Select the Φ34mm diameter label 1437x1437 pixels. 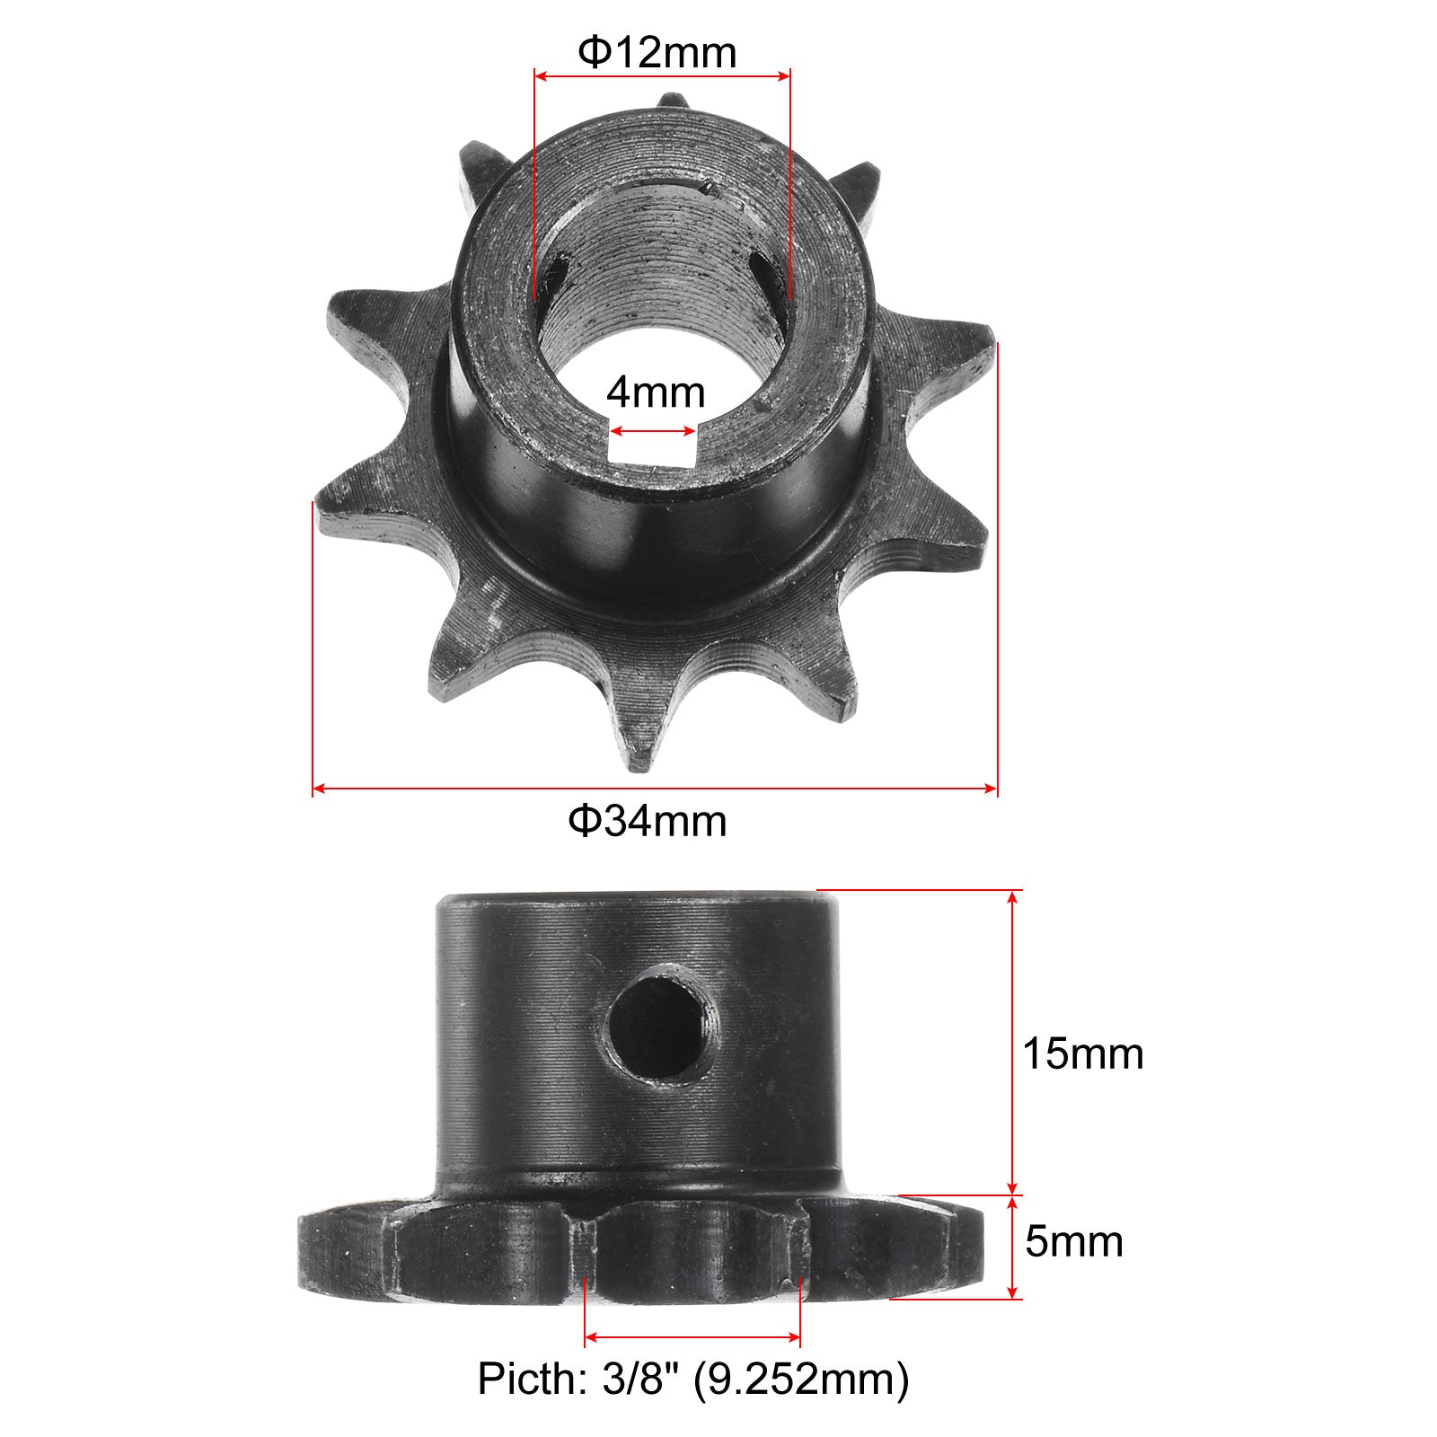648,820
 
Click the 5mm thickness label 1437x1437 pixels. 1074,1242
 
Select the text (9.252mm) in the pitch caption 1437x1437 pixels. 801,1380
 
